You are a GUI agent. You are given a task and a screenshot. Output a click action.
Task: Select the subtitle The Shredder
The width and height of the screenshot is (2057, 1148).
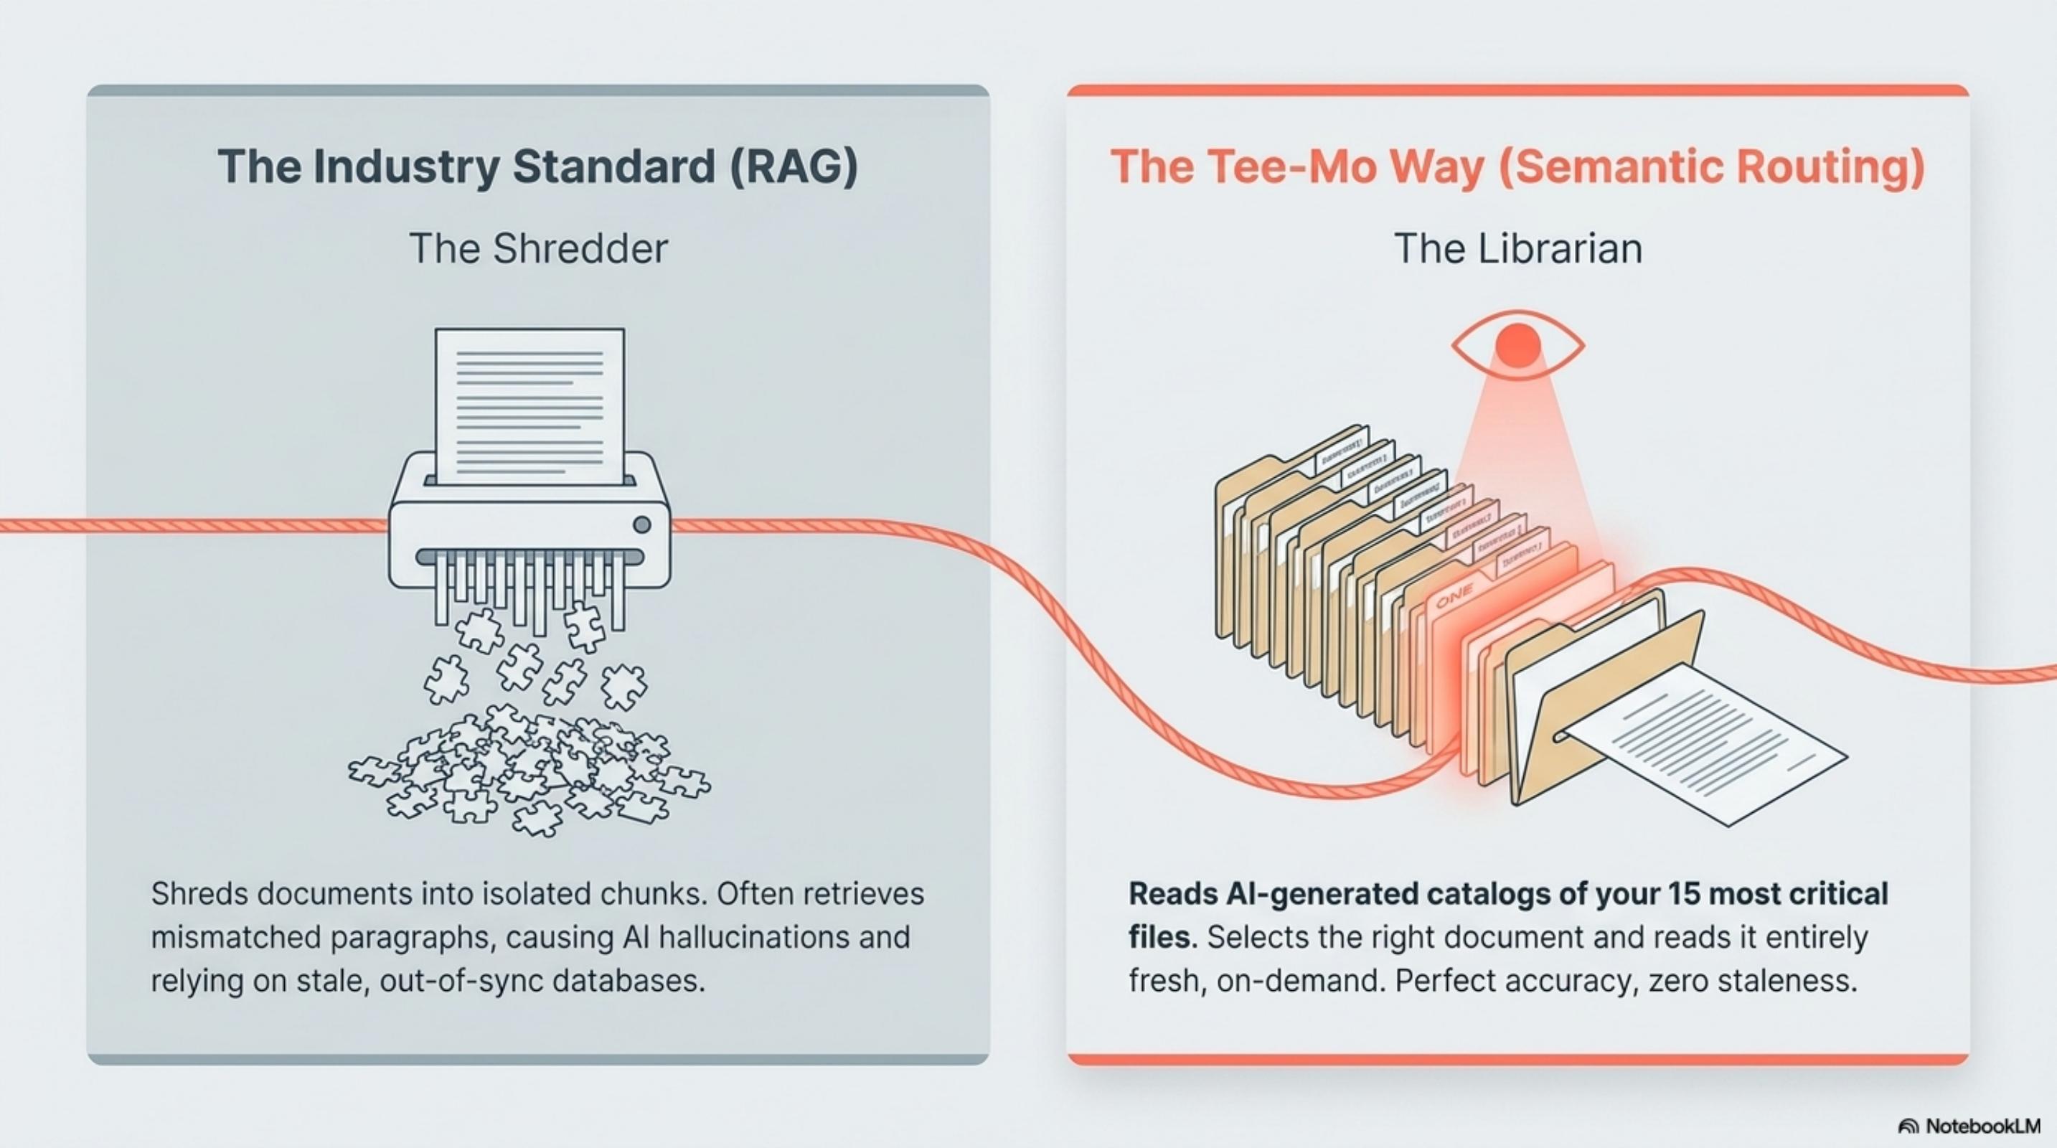538,248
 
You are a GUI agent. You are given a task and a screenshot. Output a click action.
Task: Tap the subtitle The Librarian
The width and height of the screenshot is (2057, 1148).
1518,248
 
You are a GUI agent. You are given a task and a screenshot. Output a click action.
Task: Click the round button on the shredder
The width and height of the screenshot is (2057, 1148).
641,524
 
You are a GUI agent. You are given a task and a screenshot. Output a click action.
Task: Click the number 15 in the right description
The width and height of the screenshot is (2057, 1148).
1699,894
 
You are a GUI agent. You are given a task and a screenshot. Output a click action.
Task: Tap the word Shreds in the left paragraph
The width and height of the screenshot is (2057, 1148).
199,894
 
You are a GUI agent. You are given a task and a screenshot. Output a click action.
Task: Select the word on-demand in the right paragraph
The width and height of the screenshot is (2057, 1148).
1301,980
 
